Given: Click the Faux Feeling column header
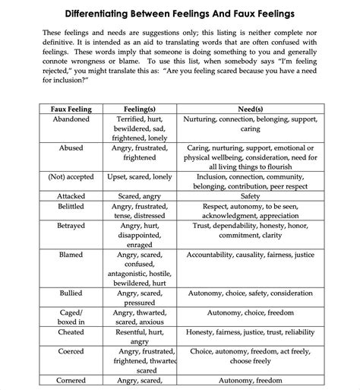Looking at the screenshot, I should pyautogui.click(x=71, y=109).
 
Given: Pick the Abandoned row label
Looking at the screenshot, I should pyautogui.click(x=71, y=120).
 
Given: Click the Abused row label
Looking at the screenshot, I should pyautogui.click(x=71, y=148).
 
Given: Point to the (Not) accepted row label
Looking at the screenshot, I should pyautogui.click(x=71, y=176).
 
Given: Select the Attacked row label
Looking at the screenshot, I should pyautogui.click(x=71, y=195).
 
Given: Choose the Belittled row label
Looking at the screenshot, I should pyautogui.click(x=71, y=206).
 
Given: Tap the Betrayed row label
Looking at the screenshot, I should pyautogui.click(x=71, y=226).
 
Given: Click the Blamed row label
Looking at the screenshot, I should pyautogui.click(x=71, y=255).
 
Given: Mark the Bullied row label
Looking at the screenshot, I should pyautogui.click(x=71, y=293).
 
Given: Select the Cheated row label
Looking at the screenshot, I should pyautogui.click(x=71, y=332).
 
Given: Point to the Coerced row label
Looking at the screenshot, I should pyautogui.click(x=71, y=352).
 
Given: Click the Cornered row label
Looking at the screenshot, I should pyautogui.click(x=71, y=380).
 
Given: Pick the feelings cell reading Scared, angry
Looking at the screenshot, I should pyautogui.click(x=139, y=195).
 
